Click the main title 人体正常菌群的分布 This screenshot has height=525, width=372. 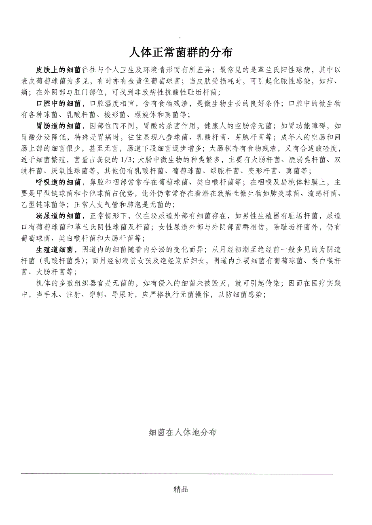click(x=181, y=52)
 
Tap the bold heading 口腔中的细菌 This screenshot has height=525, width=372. click(x=58, y=103)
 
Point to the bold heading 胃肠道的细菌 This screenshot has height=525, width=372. click(x=58, y=126)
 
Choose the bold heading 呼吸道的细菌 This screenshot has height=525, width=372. click(x=58, y=182)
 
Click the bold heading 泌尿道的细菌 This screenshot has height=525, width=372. click(x=58, y=216)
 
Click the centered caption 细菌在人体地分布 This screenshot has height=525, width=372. click(x=182, y=433)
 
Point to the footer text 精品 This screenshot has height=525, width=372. click(x=180, y=489)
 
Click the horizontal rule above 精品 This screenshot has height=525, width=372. click(x=176, y=474)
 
